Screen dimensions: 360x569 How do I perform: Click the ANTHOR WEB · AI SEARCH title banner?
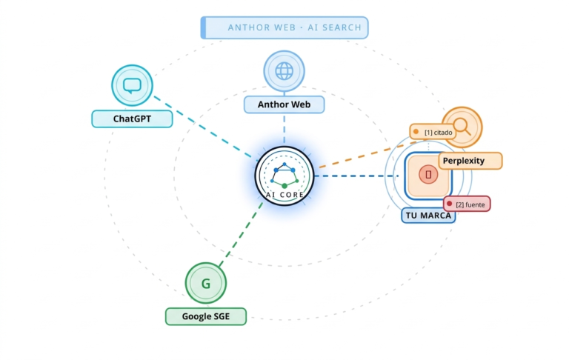pyautogui.click(x=284, y=27)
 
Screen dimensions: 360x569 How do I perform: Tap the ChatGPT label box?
pyautogui.click(x=132, y=119)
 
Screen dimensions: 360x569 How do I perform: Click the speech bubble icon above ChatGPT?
pyautogui.click(x=132, y=85)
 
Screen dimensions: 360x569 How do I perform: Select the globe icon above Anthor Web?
pyautogui.click(x=284, y=71)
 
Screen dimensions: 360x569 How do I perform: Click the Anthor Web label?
pyautogui.click(x=284, y=104)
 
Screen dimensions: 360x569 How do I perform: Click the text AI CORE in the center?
pyautogui.click(x=284, y=195)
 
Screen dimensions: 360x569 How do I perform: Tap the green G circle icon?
pyautogui.click(x=205, y=283)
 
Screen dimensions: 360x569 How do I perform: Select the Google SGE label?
pyautogui.click(x=205, y=317)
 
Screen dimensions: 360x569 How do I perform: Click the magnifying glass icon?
pyautogui.click(x=462, y=127)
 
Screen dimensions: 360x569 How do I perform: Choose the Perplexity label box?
pyautogui.click(x=470, y=161)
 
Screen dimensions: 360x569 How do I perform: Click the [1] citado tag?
pyautogui.click(x=437, y=132)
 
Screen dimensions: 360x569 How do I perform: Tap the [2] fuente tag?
pyautogui.click(x=467, y=204)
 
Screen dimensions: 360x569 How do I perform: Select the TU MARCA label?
pyautogui.click(x=427, y=216)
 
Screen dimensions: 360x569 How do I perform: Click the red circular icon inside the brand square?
pyautogui.click(x=427, y=175)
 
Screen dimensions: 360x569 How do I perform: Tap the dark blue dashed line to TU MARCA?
pyautogui.click(x=356, y=176)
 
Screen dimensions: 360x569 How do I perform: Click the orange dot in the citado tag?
pyautogui.click(x=416, y=132)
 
